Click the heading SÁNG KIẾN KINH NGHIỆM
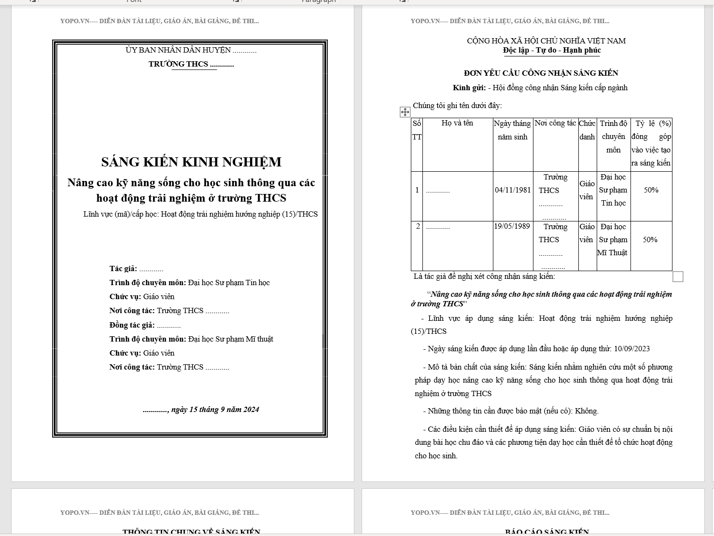tap(191, 162)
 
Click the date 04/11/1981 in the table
tap(513, 190)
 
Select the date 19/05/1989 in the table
tap(512, 226)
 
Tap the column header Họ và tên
tap(457, 124)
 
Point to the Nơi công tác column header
tap(555, 124)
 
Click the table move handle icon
tap(405, 112)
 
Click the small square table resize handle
tap(678, 276)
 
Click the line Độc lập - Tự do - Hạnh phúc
tap(552, 50)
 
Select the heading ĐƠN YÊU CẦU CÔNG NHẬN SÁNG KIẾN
tap(541, 73)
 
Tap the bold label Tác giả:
tap(123, 269)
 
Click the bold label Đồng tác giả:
tap(132, 325)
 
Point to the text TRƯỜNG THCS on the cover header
tap(178, 64)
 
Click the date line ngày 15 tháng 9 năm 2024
tap(215, 410)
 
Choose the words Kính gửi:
tap(469, 88)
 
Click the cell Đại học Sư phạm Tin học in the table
tap(613, 190)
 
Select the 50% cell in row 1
tap(651, 190)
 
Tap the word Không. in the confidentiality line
tap(587, 412)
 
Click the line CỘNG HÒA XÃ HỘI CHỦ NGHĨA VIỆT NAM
tap(546, 41)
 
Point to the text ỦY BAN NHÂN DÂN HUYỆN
tap(178, 50)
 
